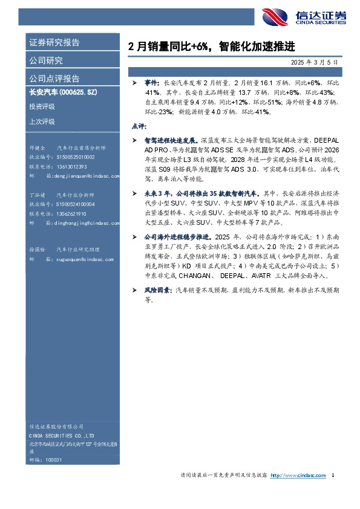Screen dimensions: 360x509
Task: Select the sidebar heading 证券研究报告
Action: tap(54, 43)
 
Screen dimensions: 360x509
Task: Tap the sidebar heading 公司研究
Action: tap(46, 60)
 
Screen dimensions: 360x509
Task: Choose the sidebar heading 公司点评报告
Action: tap(54, 79)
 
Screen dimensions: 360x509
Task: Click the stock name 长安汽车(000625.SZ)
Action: tap(63, 92)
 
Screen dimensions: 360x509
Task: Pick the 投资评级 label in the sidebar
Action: tap(42, 106)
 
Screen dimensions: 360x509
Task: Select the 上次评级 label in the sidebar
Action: tap(42, 121)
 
